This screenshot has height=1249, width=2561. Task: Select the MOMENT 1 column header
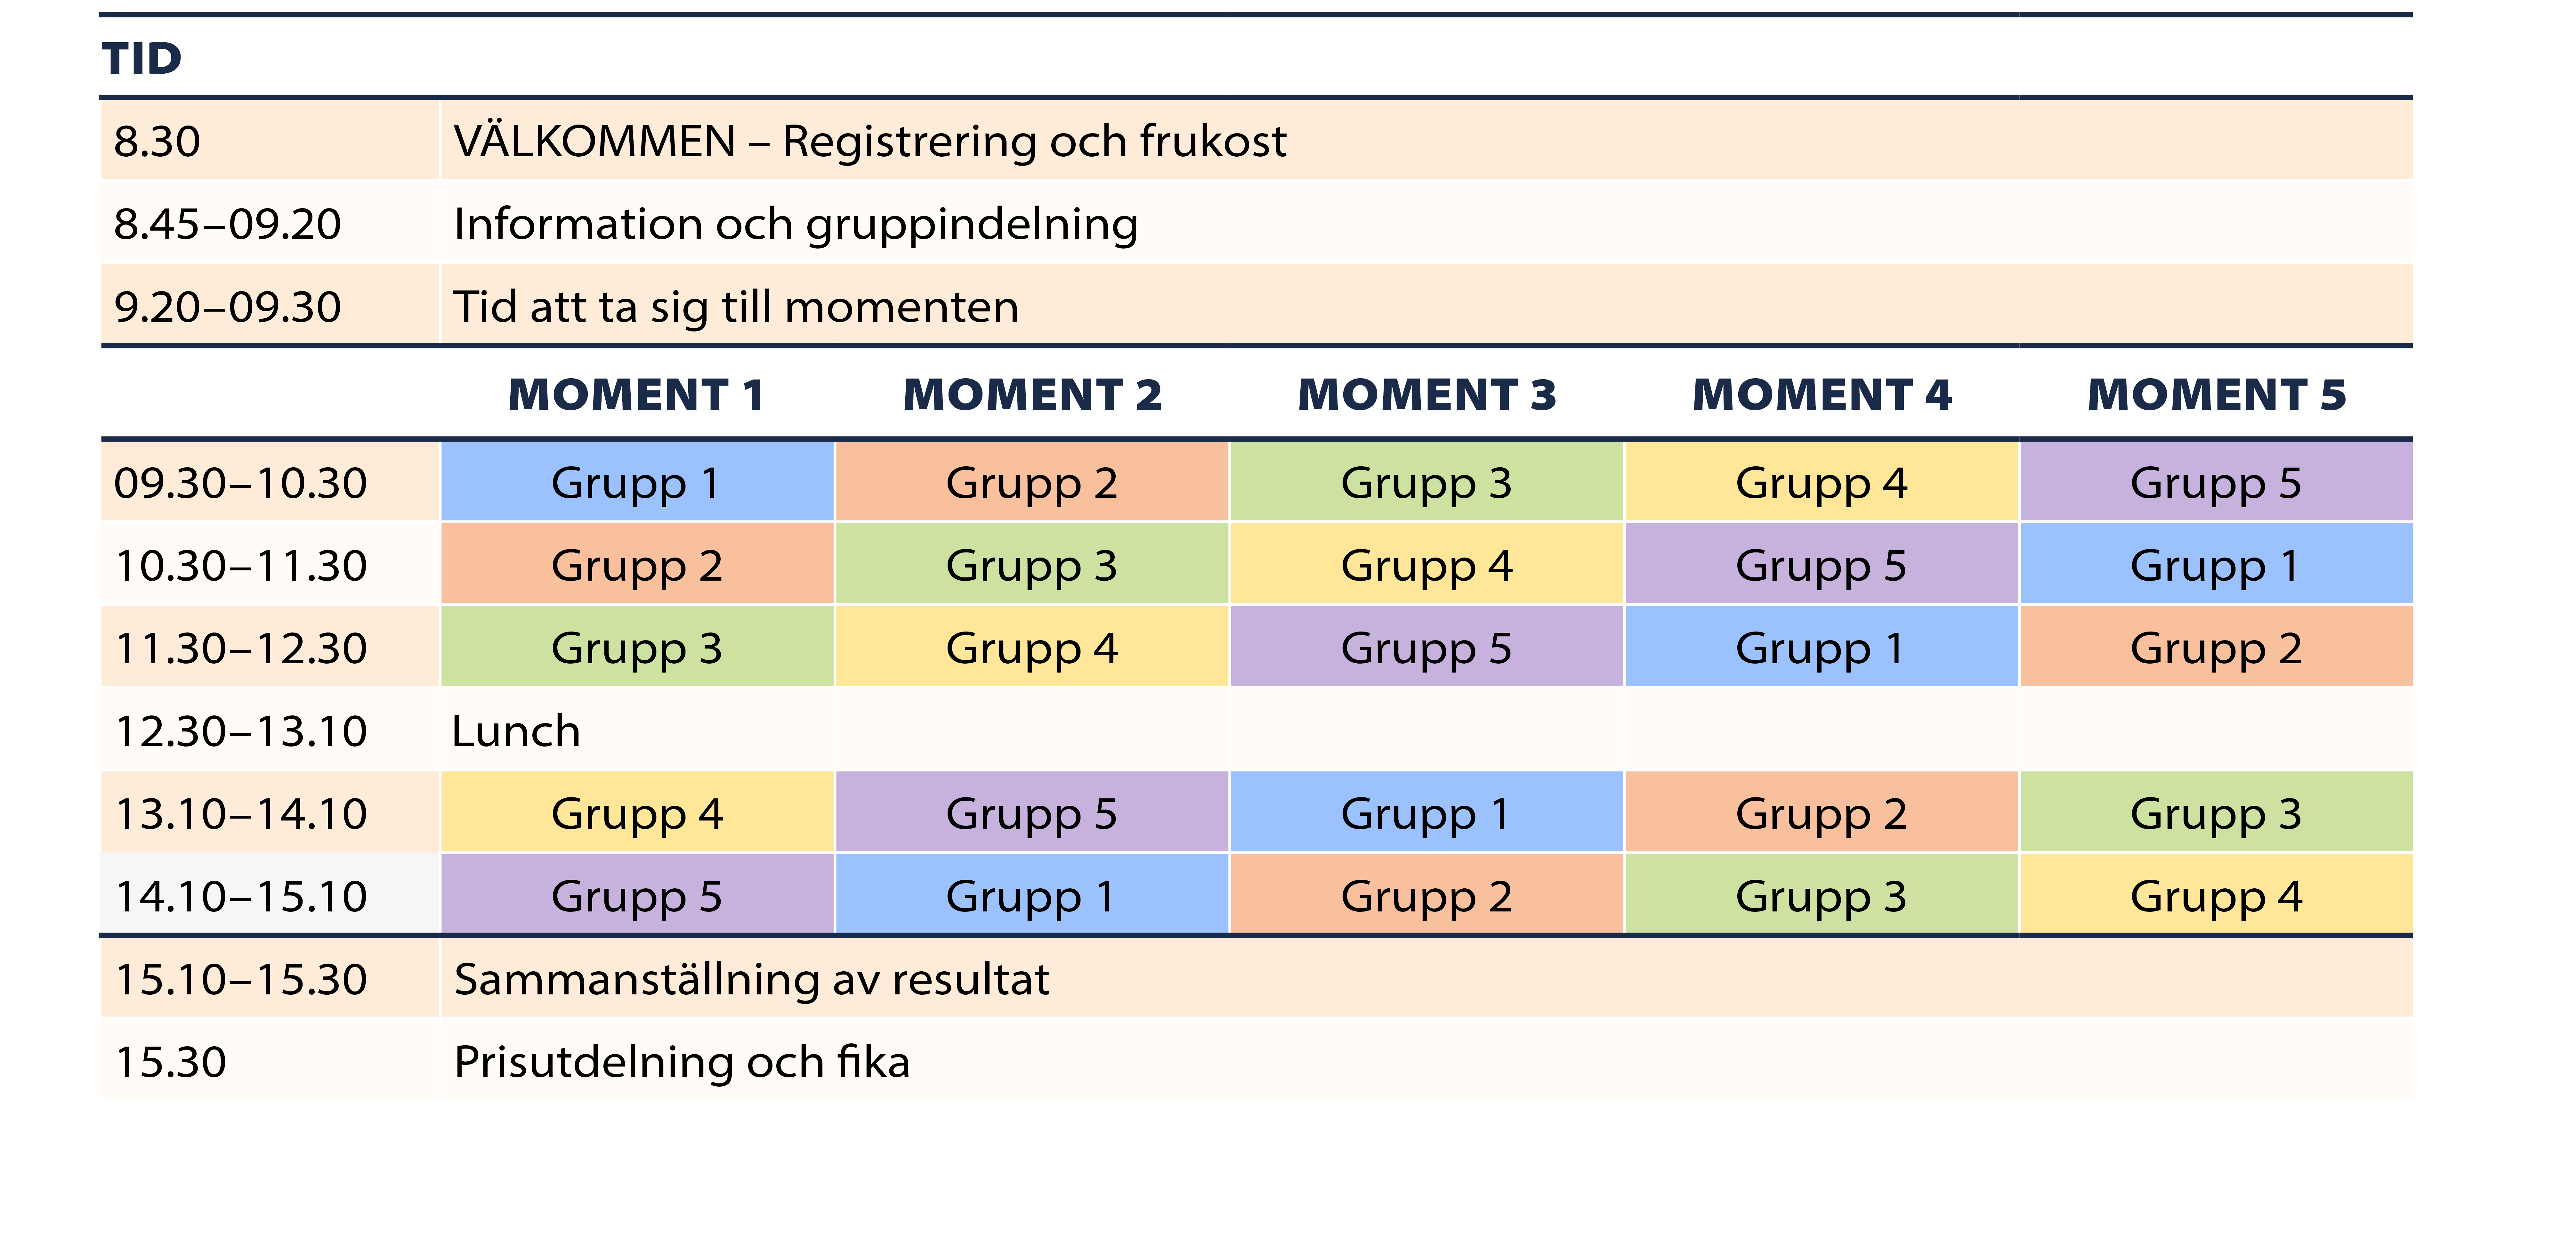click(636, 395)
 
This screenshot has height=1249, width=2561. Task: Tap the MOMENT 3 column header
click(1427, 395)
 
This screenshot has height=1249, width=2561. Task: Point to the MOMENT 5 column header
click(2216, 395)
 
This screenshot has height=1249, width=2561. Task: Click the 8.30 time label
click(157, 141)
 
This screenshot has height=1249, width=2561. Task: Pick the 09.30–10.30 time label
click(241, 483)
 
